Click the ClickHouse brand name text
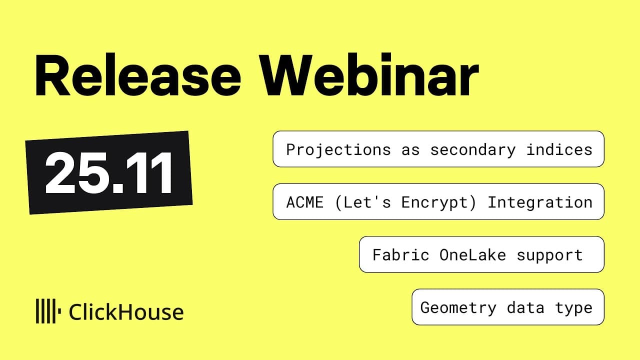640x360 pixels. [126, 312]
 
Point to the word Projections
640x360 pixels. [338, 149]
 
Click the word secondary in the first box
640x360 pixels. [472, 149]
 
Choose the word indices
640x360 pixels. [559, 149]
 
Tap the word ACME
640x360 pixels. [305, 202]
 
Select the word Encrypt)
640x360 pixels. [439, 202]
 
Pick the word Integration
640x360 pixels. [540, 202]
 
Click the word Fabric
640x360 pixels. [400, 255]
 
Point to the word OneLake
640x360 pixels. [472, 255]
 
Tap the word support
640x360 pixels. [549, 255]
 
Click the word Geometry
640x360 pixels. [458, 307]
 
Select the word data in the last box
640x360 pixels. [525, 307]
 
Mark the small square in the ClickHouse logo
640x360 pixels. [59, 312]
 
